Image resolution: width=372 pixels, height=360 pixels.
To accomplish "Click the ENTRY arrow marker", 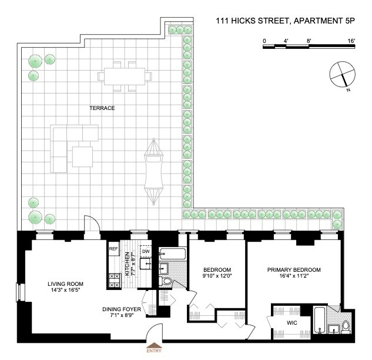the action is pos(154,345).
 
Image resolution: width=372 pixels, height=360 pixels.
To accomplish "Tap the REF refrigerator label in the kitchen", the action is pos(113,249).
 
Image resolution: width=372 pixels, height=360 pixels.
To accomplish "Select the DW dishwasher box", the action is pos(146,251).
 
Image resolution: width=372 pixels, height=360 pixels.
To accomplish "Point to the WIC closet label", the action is pos(292,323).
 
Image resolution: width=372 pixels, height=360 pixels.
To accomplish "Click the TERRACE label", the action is pos(102,108).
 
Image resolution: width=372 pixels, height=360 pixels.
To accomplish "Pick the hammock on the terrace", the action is pos(154,171).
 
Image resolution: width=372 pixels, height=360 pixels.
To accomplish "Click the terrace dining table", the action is pos(125,76).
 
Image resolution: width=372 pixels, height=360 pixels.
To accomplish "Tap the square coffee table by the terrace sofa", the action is pos(82,156).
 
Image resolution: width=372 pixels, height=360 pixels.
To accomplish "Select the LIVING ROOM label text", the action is pos(65,284).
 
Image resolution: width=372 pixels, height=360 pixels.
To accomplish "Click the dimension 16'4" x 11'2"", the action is pos(294,276).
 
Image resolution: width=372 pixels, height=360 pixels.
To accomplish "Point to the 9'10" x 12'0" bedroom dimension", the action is pos(217,276).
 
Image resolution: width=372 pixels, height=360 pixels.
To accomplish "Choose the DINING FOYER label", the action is pos(122,309).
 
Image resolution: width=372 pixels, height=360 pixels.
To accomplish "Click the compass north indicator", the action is pos(345,81).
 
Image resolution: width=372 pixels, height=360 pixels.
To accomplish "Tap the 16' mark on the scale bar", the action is pos(351,41).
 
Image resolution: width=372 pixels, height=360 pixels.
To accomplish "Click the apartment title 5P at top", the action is pos(350,21).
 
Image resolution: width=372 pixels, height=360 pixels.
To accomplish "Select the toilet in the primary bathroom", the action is pos(346,327).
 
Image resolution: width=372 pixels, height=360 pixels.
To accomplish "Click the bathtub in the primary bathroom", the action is pos(320,320).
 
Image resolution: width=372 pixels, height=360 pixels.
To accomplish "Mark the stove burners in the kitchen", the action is pos(115,280).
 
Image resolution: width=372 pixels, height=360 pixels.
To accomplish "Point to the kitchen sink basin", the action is pos(145,264).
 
